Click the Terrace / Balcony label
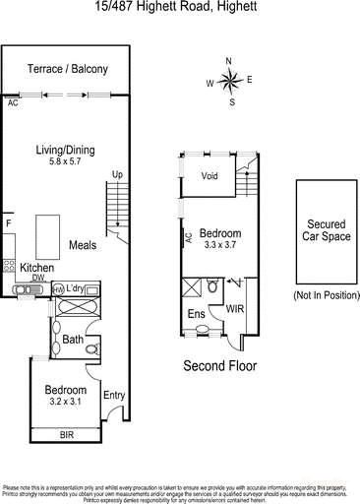(68, 69)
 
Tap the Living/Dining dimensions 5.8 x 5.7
(66, 161)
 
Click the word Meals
(83, 245)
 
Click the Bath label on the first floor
(71, 339)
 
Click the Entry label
(114, 396)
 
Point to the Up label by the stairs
(117, 175)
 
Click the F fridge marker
(8, 224)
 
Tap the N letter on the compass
(228, 62)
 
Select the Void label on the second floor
(209, 176)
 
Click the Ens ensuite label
(196, 315)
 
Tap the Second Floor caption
(220, 364)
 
